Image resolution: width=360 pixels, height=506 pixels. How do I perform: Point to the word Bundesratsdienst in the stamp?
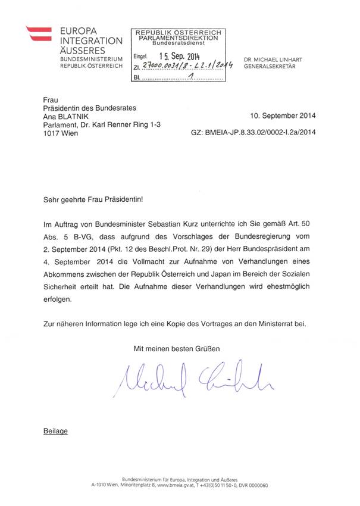(179, 43)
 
